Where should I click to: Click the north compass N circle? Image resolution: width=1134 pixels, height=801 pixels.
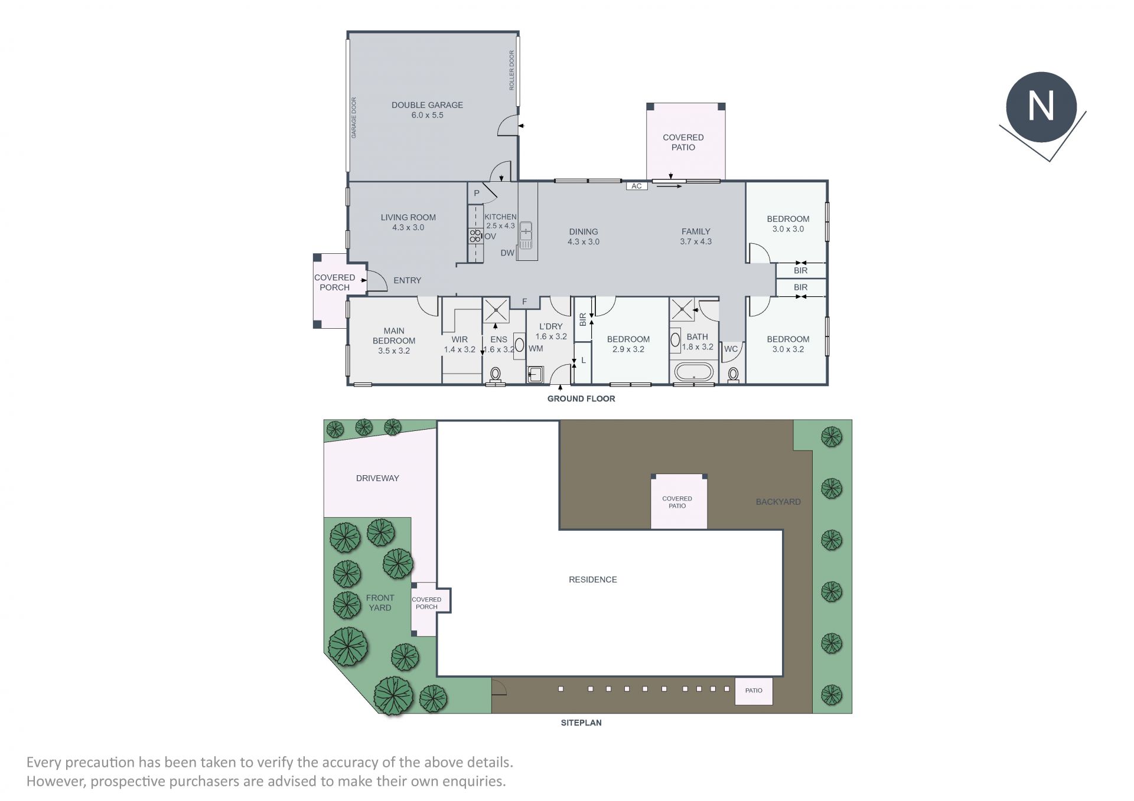(x=1041, y=107)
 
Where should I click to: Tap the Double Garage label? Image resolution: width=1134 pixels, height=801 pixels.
(x=427, y=110)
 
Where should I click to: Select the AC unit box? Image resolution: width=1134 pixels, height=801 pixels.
(x=637, y=186)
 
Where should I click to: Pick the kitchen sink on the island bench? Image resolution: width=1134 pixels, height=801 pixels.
(x=526, y=236)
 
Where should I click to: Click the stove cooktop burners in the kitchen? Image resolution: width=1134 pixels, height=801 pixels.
(x=475, y=236)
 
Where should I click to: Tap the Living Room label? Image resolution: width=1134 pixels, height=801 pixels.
(x=408, y=222)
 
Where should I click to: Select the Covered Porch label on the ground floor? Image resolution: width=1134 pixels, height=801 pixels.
(x=334, y=282)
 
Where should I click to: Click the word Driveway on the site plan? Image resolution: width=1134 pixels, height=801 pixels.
(x=377, y=478)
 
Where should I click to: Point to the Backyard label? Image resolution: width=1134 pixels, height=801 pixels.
(x=778, y=502)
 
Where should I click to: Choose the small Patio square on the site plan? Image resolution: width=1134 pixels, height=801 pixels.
(x=754, y=691)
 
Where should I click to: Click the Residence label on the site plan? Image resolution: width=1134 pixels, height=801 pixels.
(x=592, y=580)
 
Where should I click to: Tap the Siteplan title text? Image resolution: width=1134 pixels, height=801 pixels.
(x=581, y=722)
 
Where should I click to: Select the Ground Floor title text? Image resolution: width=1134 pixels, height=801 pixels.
(x=581, y=398)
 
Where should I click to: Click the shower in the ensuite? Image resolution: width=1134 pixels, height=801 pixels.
(x=496, y=310)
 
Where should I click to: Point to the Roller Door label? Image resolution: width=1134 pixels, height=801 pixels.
(x=512, y=70)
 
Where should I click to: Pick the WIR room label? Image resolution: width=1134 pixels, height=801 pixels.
(x=460, y=339)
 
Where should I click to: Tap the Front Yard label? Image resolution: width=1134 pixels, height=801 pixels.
(x=380, y=603)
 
